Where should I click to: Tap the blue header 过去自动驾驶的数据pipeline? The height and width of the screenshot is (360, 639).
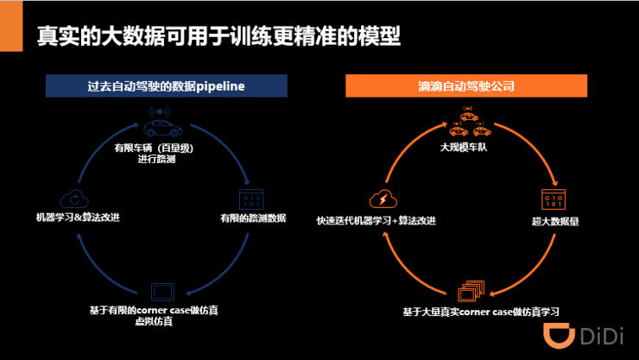pyautogui.click(x=166, y=86)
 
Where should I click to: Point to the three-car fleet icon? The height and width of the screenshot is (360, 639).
pyautogui.click(x=469, y=124)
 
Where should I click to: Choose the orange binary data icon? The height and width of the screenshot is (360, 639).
pyautogui.click(x=554, y=200)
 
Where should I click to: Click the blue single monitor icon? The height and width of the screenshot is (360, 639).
pyautogui.click(x=164, y=291)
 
